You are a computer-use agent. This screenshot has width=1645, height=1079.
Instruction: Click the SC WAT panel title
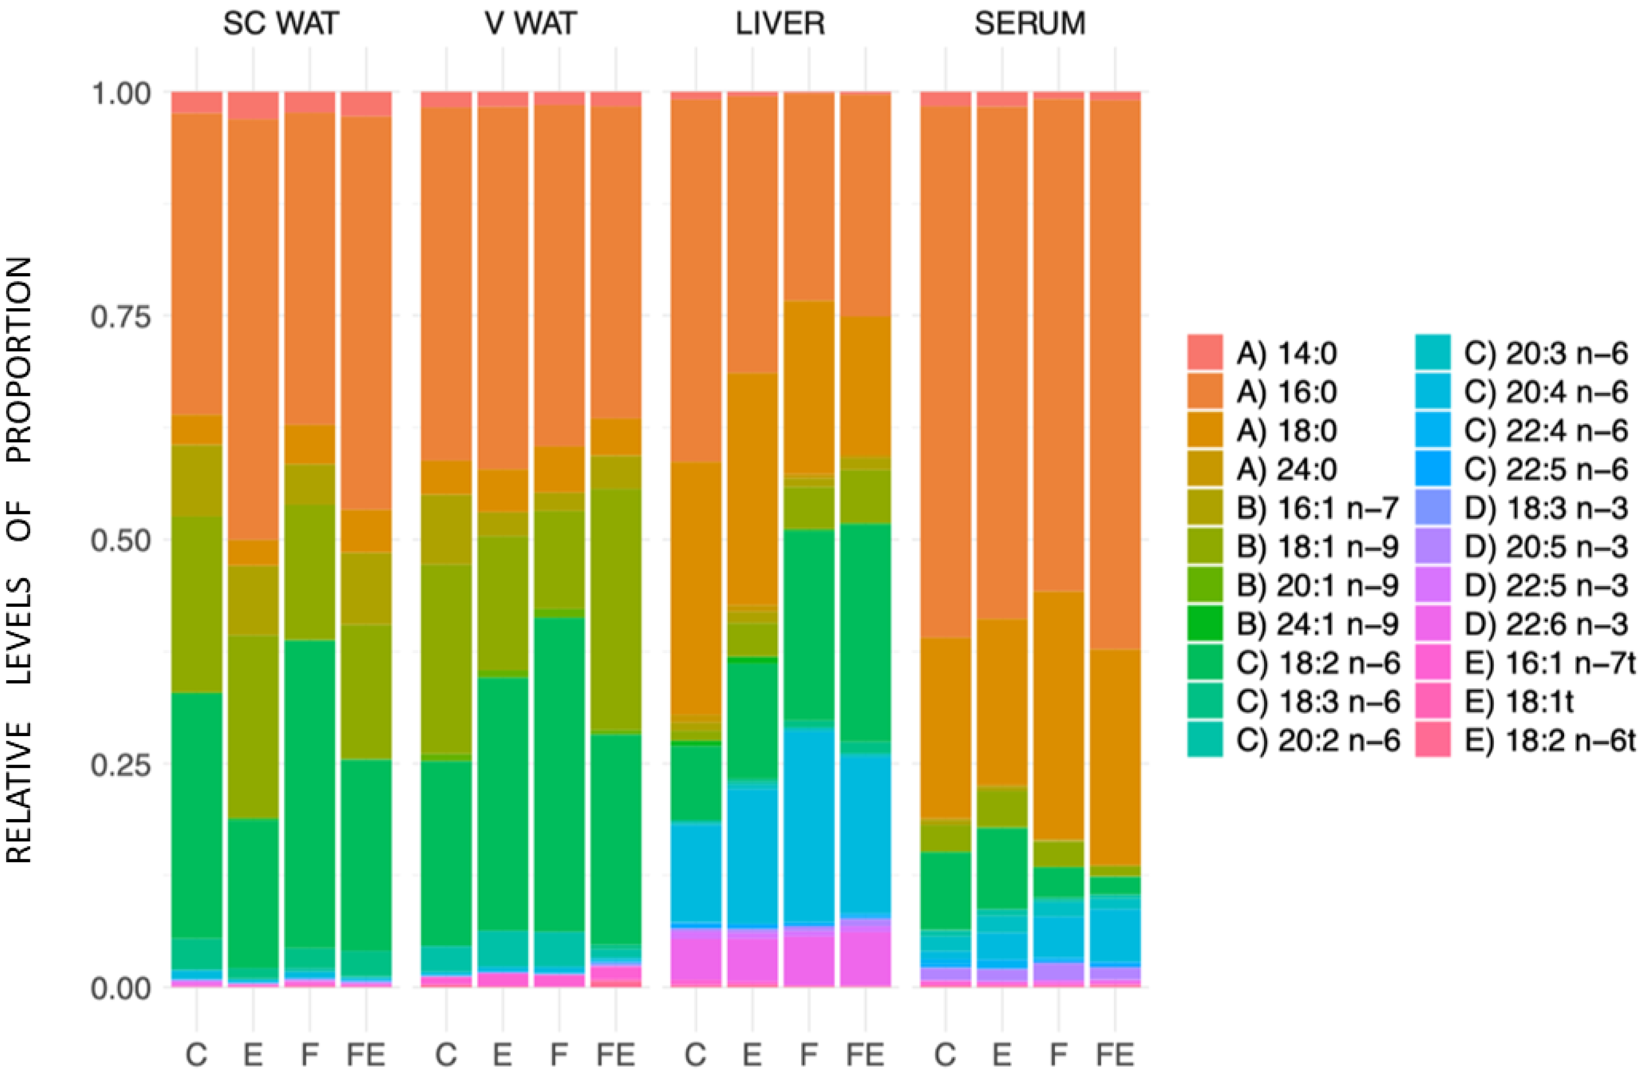[281, 24]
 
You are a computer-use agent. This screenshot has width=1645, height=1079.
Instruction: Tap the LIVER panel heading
[780, 24]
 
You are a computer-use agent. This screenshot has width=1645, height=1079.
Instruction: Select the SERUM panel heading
[1030, 24]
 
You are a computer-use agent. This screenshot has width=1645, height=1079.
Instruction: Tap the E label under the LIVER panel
[752, 1055]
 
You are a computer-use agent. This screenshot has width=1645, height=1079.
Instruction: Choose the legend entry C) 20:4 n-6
[1545, 392]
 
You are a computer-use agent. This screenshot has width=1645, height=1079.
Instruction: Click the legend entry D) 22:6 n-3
[1545, 625]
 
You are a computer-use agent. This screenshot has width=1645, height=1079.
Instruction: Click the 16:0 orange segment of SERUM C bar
[945, 373]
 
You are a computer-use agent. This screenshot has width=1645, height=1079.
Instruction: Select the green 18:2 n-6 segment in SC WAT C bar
[197, 815]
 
